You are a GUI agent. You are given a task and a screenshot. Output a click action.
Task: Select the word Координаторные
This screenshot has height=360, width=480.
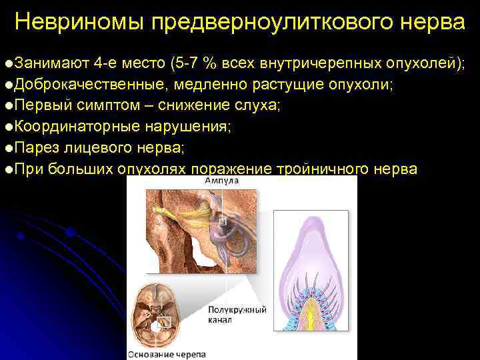click(78, 127)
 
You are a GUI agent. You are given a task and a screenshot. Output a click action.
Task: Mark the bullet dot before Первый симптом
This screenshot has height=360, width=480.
click(7, 107)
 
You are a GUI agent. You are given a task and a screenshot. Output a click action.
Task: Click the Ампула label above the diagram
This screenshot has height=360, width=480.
click(221, 181)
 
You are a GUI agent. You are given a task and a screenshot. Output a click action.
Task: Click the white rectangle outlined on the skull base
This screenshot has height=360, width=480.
click(164, 323)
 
